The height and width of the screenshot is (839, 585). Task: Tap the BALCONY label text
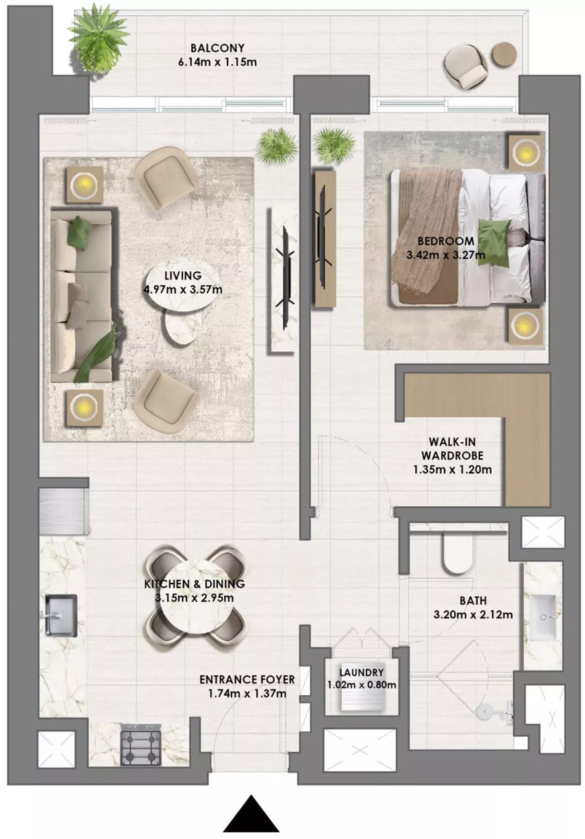point(217,48)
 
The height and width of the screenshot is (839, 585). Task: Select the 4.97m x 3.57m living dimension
point(183,290)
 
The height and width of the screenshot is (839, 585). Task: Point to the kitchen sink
point(61,616)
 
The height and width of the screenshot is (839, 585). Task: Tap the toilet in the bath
point(456,553)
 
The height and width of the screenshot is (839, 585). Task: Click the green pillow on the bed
point(494,243)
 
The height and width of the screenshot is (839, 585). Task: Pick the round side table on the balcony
point(504,55)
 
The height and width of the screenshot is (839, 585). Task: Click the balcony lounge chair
point(466,66)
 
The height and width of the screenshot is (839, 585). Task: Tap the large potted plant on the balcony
point(98,40)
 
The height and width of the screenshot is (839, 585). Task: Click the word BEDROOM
point(446,241)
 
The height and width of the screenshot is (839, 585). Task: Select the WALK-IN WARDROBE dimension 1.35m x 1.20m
point(452,469)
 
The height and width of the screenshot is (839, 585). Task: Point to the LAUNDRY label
point(362,673)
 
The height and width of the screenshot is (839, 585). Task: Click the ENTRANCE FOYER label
point(247,679)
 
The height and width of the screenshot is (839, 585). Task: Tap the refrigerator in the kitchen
point(64,512)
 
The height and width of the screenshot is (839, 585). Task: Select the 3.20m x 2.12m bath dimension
point(473,614)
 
